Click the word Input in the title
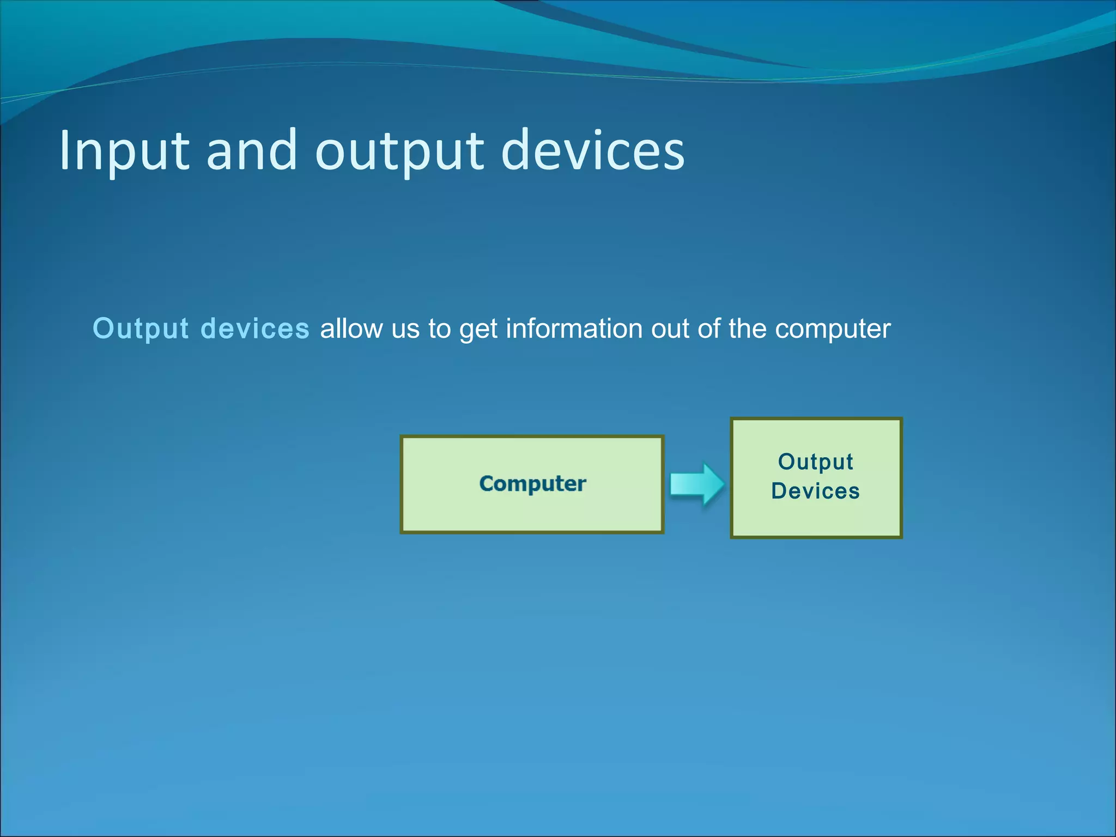click(124, 151)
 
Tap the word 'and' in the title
click(251, 151)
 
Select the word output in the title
click(399, 151)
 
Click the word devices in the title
click(592, 151)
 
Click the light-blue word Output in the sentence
click(141, 329)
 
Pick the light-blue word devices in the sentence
click(255, 329)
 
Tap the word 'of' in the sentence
click(708, 329)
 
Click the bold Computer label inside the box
click(532, 484)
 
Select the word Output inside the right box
click(815, 462)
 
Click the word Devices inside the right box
click(815, 491)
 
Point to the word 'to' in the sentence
click(439, 329)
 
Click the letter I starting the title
click(65, 151)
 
